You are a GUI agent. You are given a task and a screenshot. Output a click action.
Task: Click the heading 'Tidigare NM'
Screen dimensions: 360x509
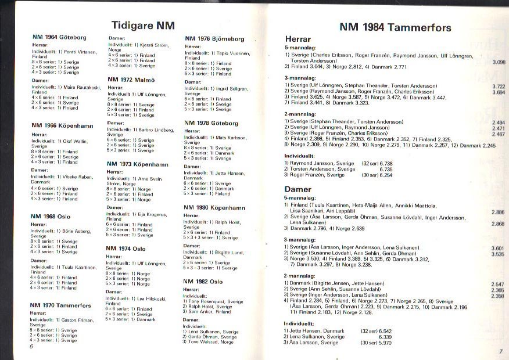(x=142, y=26)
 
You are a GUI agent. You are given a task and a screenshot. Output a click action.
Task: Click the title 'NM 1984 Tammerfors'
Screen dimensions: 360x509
(x=395, y=27)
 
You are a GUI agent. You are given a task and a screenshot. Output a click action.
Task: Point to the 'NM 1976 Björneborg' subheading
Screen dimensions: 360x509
(x=214, y=39)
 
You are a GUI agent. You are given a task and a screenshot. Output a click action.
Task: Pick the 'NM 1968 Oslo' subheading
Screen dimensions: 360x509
(x=51, y=217)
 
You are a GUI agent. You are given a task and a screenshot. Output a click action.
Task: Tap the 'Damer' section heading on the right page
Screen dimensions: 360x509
(x=298, y=189)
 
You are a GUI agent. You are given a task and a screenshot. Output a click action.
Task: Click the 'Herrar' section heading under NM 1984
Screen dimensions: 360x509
(x=297, y=39)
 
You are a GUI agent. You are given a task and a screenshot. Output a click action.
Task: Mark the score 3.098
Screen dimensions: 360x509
(x=498, y=62)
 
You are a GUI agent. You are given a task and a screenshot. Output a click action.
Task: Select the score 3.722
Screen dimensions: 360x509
(x=498, y=86)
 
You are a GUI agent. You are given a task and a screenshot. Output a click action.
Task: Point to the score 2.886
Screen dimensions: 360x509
(x=497, y=213)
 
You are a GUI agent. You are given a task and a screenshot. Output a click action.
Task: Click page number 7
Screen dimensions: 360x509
(x=500, y=351)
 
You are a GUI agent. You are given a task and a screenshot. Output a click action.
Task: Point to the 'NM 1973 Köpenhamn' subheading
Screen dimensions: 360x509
(x=137, y=164)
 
